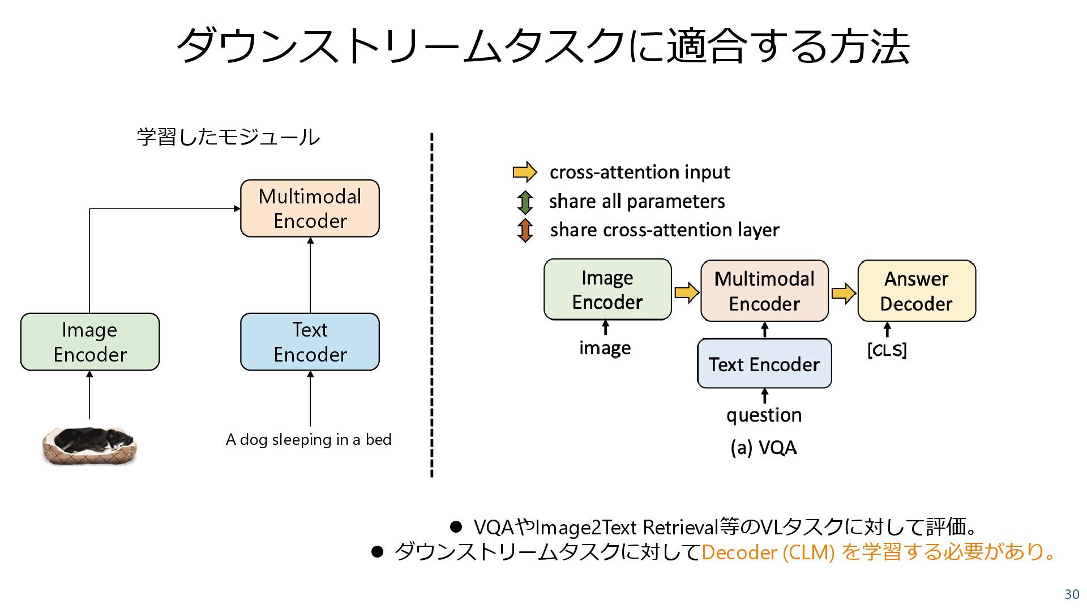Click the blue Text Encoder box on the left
click(310, 342)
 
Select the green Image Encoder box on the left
click(90, 342)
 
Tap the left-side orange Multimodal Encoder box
click(310, 209)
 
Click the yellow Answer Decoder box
click(917, 291)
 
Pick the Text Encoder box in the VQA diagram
click(764, 364)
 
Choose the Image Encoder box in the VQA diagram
click(607, 290)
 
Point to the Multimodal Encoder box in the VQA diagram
click(764, 291)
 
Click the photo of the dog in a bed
click(89, 446)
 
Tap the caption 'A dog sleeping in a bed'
click(309, 440)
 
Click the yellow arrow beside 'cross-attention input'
click(525, 172)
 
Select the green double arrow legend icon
click(525, 202)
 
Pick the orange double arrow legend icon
click(525, 230)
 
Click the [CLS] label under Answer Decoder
click(887, 350)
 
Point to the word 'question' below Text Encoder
click(764, 415)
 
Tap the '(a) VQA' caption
click(763, 448)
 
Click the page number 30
click(1072, 594)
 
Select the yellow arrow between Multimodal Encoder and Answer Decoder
click(844, 293)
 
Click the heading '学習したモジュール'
click(228, 137)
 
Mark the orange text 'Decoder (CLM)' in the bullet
click(768, 552)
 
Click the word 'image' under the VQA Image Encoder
click(605, 348)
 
